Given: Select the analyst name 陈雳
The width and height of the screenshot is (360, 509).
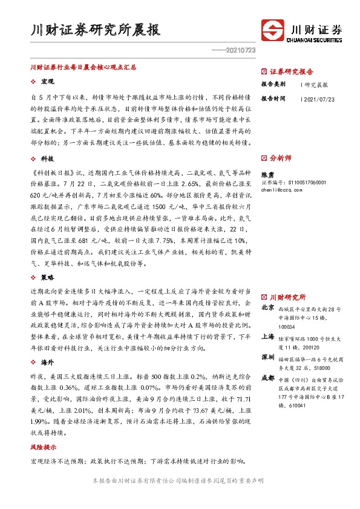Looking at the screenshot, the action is [x=268, y=173].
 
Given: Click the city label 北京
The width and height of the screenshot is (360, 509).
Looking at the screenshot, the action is [x=267, y=308].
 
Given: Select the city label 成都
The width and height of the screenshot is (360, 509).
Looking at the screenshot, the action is [x=267, y=378].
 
